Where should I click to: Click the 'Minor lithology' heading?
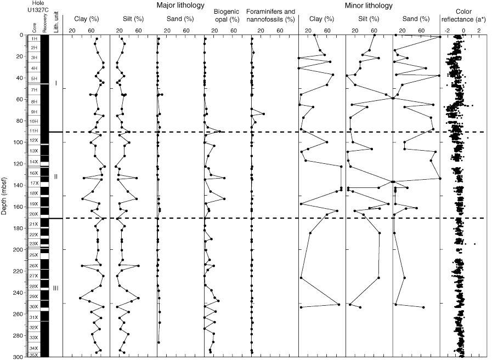[x=369, y=6]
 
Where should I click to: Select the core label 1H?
[x=34, y=39]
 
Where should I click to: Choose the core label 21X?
[x=34, y=224]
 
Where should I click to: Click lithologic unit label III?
[x=56, y=288]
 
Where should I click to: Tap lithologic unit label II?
[x=56, y=176]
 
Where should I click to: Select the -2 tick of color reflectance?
[x=447, y=31]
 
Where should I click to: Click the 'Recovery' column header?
[x=45, y=25]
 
